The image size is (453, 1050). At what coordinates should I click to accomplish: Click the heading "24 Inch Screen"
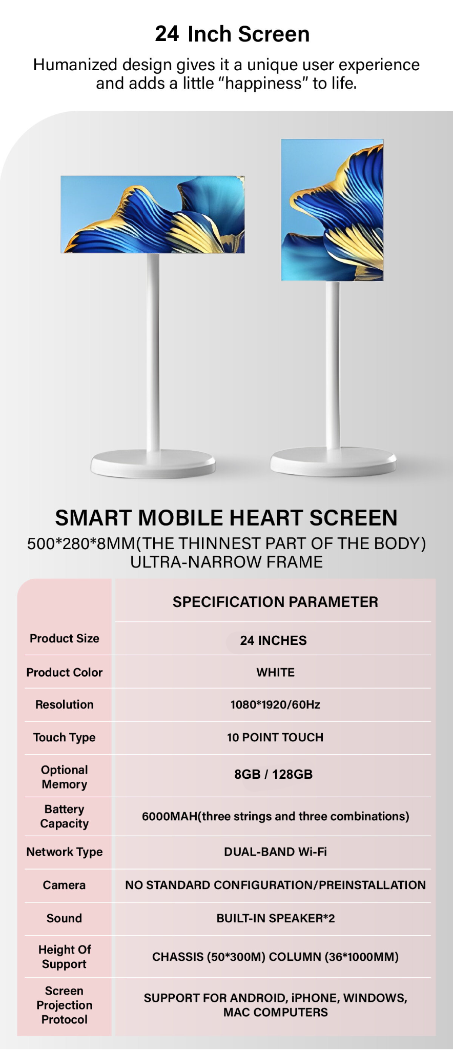pos(232,34)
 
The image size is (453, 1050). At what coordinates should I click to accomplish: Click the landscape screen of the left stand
pos(153,214)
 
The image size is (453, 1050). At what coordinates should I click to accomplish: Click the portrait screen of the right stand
pos(332,210)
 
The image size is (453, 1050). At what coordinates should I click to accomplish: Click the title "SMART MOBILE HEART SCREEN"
pos(226,518)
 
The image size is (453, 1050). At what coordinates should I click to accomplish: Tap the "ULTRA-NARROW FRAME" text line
pos(226,562)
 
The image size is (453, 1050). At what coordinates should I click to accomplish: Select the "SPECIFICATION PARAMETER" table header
pos(275,602)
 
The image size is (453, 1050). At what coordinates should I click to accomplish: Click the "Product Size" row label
pos(65,638)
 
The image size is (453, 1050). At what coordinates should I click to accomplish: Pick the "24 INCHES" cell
pos(274,640)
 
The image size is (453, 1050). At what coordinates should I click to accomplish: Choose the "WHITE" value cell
pos(276,672)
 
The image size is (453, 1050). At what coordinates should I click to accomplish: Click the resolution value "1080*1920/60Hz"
pos(275,704)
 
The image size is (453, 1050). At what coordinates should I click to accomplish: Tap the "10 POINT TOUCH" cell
pos(275,737)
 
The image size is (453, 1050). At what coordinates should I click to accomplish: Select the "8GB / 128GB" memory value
pos(274,774)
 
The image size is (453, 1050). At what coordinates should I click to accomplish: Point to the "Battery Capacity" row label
pos(65,816)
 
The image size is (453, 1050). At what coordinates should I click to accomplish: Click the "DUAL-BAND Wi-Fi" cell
pos(275,852)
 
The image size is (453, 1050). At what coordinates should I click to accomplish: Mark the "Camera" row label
pos(64,885)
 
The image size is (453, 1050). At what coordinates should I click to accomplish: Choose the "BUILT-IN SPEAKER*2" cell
pos(276,918)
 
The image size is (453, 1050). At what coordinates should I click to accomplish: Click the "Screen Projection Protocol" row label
pos(65,1005)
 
